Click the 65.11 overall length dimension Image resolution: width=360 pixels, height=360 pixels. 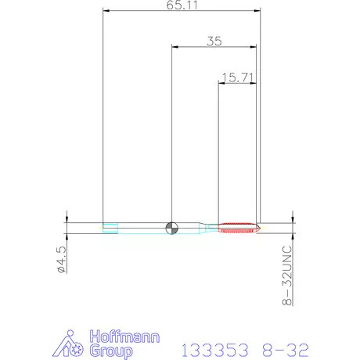tap(182, 5)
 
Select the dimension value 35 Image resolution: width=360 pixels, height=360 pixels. tap(214, 41)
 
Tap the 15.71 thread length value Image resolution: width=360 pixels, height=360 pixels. tap(238, 77)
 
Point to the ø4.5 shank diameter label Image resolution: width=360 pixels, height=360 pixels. tap(62, 260)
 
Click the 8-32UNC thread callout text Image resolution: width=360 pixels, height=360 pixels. tap(287, 275)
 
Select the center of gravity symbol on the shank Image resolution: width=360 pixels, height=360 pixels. tap(172, 228)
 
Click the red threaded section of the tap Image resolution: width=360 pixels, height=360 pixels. tap(237, 228)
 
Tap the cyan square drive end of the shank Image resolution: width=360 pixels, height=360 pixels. tap(110, 228)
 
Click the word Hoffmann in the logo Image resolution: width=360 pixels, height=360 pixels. tap(124, 337)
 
